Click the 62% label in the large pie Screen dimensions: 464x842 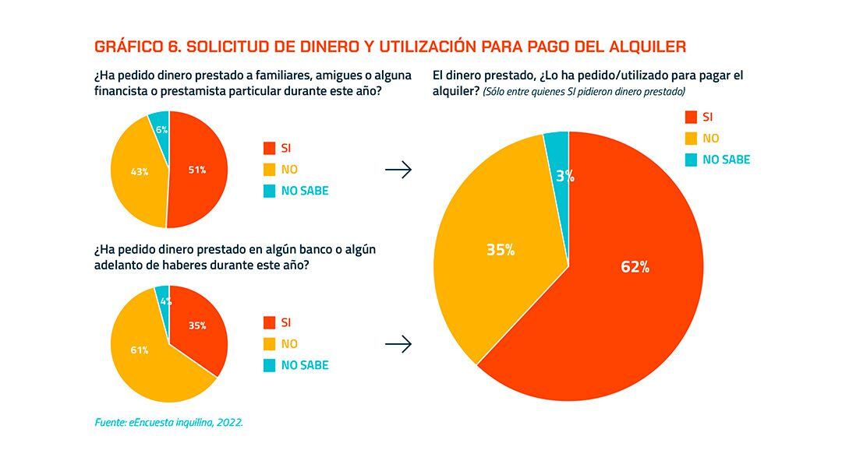(635, 267)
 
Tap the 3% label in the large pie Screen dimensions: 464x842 (564, 177)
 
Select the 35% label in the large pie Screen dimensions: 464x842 (500, 250)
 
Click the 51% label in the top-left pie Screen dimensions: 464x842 (197, 170)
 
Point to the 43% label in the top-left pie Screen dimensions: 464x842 (140, 172)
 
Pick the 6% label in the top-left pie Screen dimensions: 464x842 (161, 130)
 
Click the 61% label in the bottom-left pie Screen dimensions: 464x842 (140, 350)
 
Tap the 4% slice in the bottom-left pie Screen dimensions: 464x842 (163, 299)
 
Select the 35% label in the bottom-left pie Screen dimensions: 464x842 (197, 325)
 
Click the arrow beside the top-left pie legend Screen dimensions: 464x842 (398, 170)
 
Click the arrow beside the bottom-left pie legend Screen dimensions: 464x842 (398, 344)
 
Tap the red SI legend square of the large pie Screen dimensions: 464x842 (690, 118)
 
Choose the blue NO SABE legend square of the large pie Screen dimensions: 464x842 (690, 160)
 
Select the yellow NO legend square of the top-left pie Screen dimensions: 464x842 (269, 170)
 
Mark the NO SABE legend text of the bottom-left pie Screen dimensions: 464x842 (305, 365)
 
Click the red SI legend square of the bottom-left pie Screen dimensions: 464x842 (269, 322)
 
